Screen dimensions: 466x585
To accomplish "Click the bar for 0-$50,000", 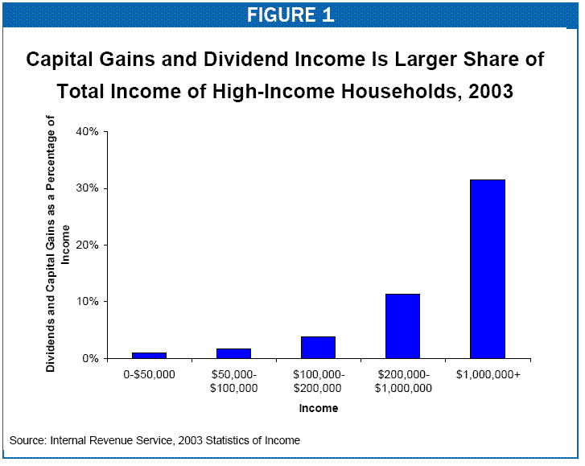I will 149,355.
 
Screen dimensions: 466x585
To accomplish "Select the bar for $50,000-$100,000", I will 233,353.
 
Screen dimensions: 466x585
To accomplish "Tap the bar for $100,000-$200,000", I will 318,347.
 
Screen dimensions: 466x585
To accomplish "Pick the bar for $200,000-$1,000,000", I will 402,326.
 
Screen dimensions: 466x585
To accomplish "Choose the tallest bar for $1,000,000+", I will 488,269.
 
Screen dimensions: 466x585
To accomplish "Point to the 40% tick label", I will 85,131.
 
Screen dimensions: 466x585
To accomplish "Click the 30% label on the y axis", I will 85,188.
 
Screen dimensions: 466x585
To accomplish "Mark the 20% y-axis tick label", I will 85,245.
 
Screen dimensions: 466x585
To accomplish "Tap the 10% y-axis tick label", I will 85,302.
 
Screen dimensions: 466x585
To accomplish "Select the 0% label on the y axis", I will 89,358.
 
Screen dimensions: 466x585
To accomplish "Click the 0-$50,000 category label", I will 149,375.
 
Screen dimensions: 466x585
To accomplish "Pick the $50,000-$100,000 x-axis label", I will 233,381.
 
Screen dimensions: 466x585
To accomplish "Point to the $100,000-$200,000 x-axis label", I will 318,381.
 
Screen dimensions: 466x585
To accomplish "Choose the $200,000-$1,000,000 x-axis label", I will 402,381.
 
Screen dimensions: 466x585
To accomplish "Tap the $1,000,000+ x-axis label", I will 488,375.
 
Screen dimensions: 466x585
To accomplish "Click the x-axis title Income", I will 319,408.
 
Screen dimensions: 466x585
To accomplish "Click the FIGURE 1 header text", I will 290,14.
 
